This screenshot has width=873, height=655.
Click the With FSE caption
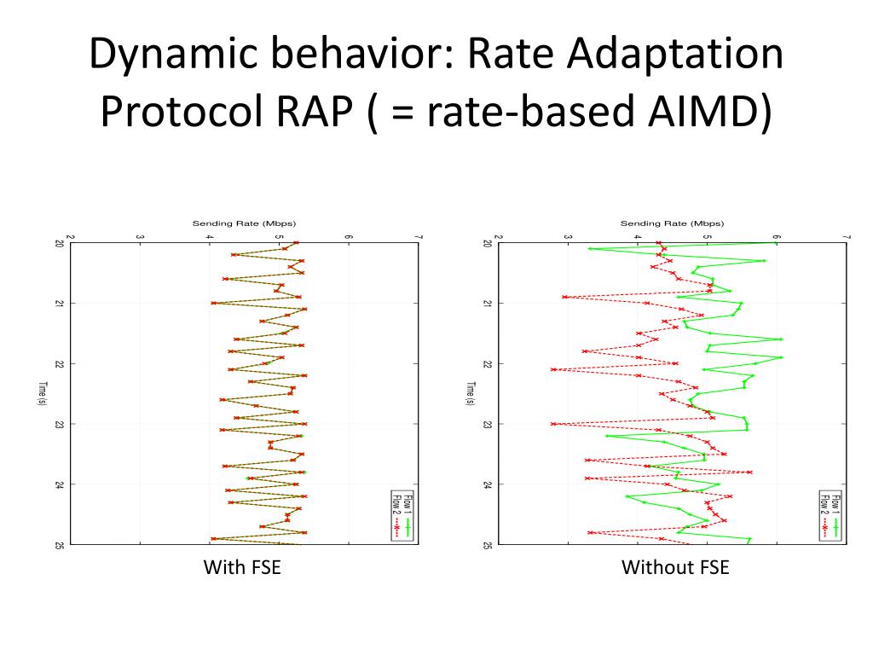[x=242, y=567]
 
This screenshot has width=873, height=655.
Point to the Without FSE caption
[x=675, y=567]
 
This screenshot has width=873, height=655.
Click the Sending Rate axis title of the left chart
[x=244, y=223]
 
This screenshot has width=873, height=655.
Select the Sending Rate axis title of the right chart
[x=672, y=223]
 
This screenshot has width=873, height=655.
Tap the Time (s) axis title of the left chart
[x=43, y=393]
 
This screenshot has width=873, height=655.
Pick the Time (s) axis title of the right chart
[x=471, y=393]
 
